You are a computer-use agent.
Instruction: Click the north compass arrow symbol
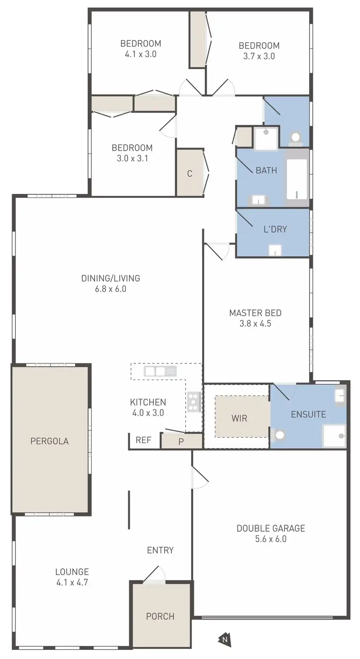click(224, 638)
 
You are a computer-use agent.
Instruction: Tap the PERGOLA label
click(49, 441)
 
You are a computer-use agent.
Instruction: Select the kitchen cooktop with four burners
click(193, 402)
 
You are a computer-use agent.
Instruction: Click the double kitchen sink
click(160, 371)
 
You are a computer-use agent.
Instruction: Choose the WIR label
click(239, 418)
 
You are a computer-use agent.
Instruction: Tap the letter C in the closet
click(190, 174)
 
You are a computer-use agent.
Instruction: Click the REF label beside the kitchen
click(144, 440)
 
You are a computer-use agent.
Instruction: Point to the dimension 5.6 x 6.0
click(271, 539)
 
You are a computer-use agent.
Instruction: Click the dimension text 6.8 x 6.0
click(110, 289)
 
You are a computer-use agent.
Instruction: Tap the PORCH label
click(160, 616)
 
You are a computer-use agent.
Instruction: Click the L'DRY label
click(276, 229)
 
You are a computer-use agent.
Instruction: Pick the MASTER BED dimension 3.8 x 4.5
click(255, 324)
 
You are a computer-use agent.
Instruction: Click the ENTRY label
click(160, 550)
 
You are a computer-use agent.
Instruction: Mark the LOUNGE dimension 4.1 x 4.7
click(72, 583)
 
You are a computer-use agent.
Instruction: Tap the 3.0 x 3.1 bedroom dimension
click(132, 158)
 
